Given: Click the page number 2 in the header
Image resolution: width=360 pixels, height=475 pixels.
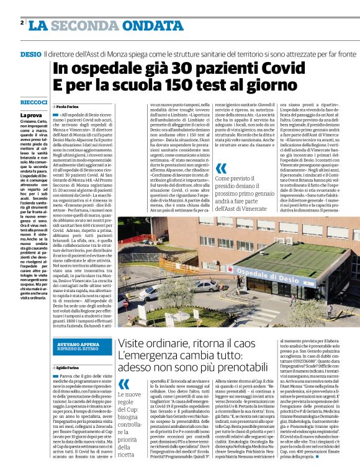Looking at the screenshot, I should [x=22, y=23].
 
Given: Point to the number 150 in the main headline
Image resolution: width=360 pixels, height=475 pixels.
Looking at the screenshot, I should [x=179, y=86].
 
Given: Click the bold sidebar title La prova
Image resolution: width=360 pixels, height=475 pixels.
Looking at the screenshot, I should [x=31, y=115].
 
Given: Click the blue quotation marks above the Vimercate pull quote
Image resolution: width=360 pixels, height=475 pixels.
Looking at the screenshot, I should [x=221, y=168].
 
